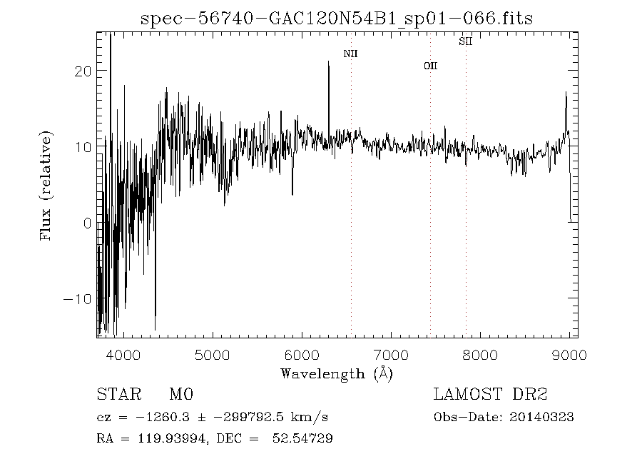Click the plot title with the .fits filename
337,18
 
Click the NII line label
350,54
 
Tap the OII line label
430,66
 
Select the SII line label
466,42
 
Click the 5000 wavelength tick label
213,355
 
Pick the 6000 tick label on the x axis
302,355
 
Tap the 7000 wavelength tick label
391,355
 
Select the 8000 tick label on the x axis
480,355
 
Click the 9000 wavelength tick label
569,355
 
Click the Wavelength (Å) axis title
337,373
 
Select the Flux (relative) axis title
47,185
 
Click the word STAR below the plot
114,394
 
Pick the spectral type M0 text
182,394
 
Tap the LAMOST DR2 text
491,394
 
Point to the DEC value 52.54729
302,438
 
